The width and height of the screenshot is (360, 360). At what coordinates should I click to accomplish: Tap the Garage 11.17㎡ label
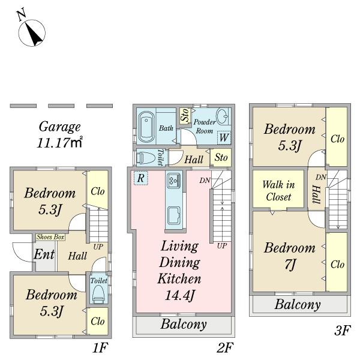59,134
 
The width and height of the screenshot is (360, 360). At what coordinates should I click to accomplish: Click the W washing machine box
223,137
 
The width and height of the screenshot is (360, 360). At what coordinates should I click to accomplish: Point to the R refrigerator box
139,178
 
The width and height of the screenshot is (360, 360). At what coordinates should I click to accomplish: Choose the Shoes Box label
50,237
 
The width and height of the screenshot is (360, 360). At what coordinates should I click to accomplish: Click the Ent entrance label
44,254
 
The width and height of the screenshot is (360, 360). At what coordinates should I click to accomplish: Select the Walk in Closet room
277,190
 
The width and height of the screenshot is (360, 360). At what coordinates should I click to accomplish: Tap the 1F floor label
100,347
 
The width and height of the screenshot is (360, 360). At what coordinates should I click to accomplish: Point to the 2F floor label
225,347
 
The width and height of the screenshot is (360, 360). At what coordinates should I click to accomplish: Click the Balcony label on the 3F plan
298,305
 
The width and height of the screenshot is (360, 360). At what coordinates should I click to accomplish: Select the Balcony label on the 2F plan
184,325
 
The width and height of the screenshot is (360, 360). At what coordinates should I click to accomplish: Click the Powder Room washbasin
221,116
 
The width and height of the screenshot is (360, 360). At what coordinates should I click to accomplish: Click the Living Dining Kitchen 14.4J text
179,270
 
